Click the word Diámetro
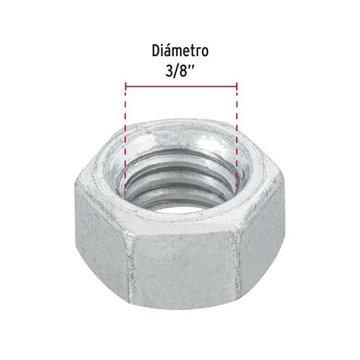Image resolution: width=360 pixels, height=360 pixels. pos(180,51)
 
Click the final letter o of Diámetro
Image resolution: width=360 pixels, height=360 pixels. pos(205,52)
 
